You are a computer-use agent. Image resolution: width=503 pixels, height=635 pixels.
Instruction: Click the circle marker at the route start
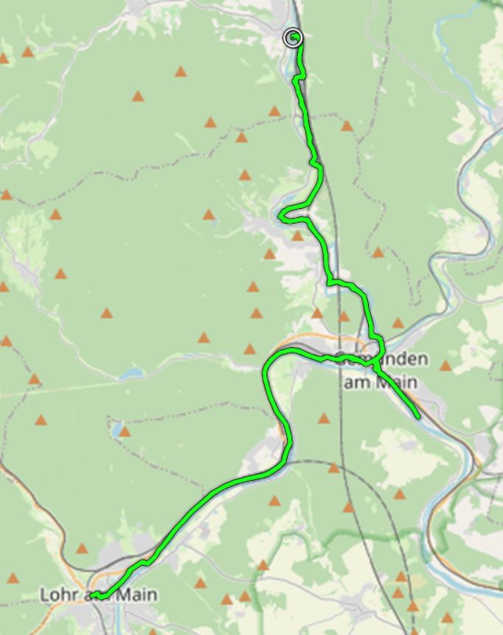[293, 38]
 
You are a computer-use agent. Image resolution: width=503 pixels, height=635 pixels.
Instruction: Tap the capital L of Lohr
[44, 594]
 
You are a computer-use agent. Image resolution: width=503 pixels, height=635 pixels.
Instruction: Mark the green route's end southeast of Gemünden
[418, 417]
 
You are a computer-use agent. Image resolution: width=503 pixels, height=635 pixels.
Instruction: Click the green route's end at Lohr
[93, 595]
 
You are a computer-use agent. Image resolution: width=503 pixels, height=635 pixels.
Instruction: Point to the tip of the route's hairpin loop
[282, 216]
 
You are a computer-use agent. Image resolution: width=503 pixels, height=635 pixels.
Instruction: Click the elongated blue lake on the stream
[131, 374]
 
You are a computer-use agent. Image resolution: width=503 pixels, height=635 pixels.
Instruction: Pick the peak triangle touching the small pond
[125, 431]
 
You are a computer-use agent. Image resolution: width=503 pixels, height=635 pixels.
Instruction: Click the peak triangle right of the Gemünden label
[445, 365]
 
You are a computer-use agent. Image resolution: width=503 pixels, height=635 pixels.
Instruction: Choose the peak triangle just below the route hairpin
[297, 236]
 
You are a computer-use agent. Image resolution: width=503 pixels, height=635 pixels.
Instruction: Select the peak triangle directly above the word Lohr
[81, 549]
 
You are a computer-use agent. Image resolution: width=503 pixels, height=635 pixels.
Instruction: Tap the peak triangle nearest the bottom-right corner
[447, 617]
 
